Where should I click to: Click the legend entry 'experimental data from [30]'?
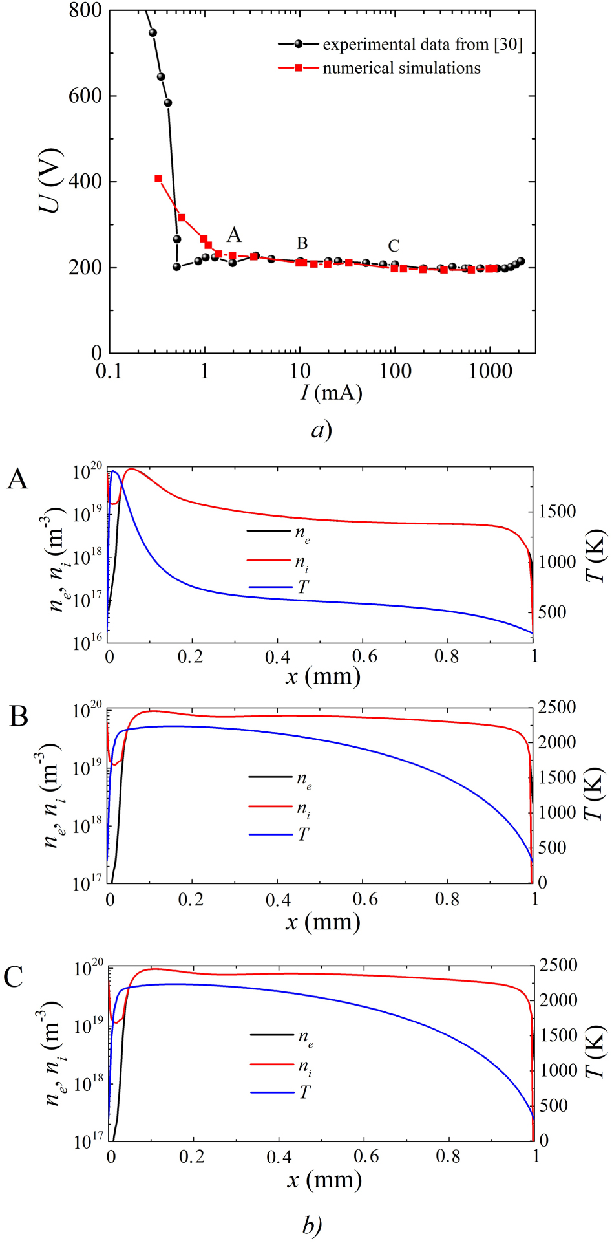pyautogui.click(x=422, y=45)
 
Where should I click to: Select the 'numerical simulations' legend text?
pyautogui.click(x=401, y=68)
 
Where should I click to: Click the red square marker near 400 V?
pyautogui.click(x=158, y=178)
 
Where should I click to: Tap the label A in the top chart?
pyautogui.click(x=234, y=235)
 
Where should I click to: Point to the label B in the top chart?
pyautogui.click(x=302, y=243)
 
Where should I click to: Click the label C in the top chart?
pyautogui.click(x=394, y=246)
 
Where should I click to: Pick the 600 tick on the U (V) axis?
pyautogui.click(x=86, y=96)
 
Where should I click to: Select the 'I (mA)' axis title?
pyautogui.click(x=330, y=392)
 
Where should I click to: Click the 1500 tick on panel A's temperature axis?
pyautogui.click(x=557, y=512)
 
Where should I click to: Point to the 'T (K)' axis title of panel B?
pyautogui.click(x=593, y=794)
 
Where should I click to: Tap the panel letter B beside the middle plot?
pyautogui.click(x=19, y=717)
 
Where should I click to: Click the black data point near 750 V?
pyautogui.click(x=153, y=32)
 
